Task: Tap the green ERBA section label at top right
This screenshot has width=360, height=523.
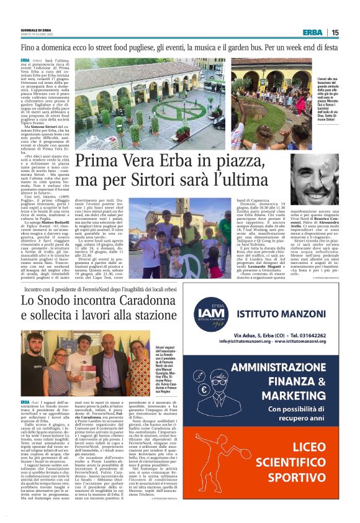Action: [312, 32]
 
